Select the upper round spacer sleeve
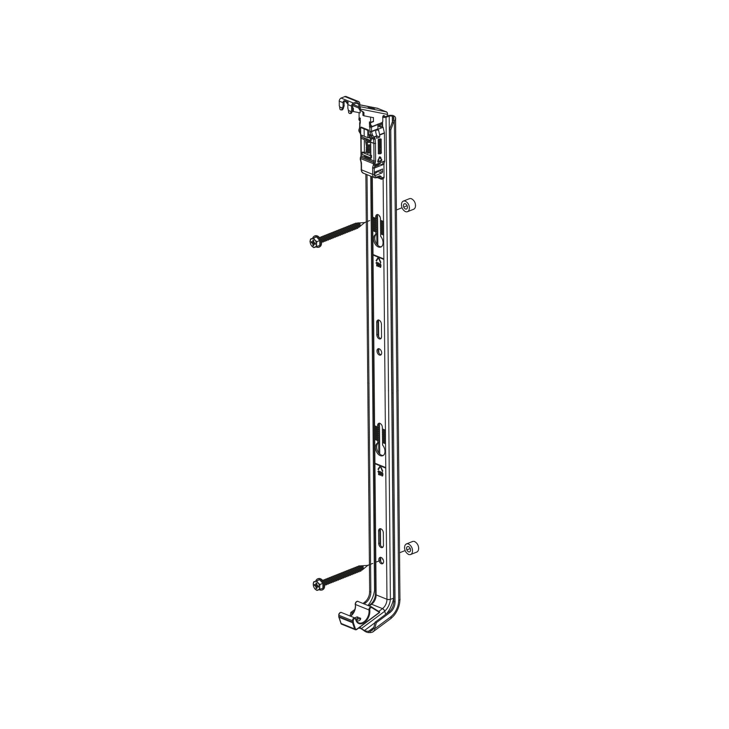[x=408, y=206]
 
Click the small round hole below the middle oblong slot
[x=379, y=352]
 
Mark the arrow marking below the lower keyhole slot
[x=380, y=469]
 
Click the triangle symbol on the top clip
[x=379, y=159]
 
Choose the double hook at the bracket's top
[x=347, y=104]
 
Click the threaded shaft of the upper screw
[x=342, y=231]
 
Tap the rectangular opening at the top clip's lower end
[x=379, y=173]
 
